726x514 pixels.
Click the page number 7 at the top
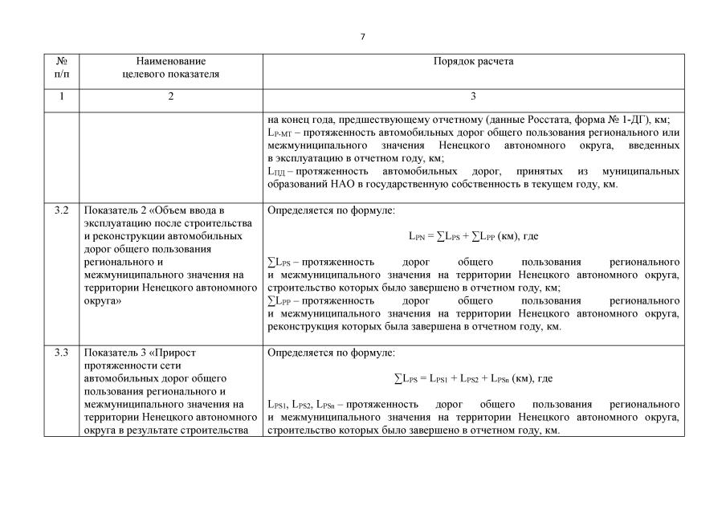pos(363,37)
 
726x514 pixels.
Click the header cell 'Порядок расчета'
pos(473,61)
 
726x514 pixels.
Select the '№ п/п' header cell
pos(62,67)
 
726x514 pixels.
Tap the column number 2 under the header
pos(170,97)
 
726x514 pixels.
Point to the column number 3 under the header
pos(473,97)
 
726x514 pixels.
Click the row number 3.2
pos(62,211)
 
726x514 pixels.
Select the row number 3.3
pos(62,353)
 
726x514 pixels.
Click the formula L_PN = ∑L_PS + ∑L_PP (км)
pos(472,237)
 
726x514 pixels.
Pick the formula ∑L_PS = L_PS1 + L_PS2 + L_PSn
pos(473,378)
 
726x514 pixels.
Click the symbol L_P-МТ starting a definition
pos(281,133)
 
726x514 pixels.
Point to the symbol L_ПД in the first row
pos(277,172)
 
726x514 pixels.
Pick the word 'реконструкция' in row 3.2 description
pos(302,327)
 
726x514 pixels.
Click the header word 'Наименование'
pos(170,61)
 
